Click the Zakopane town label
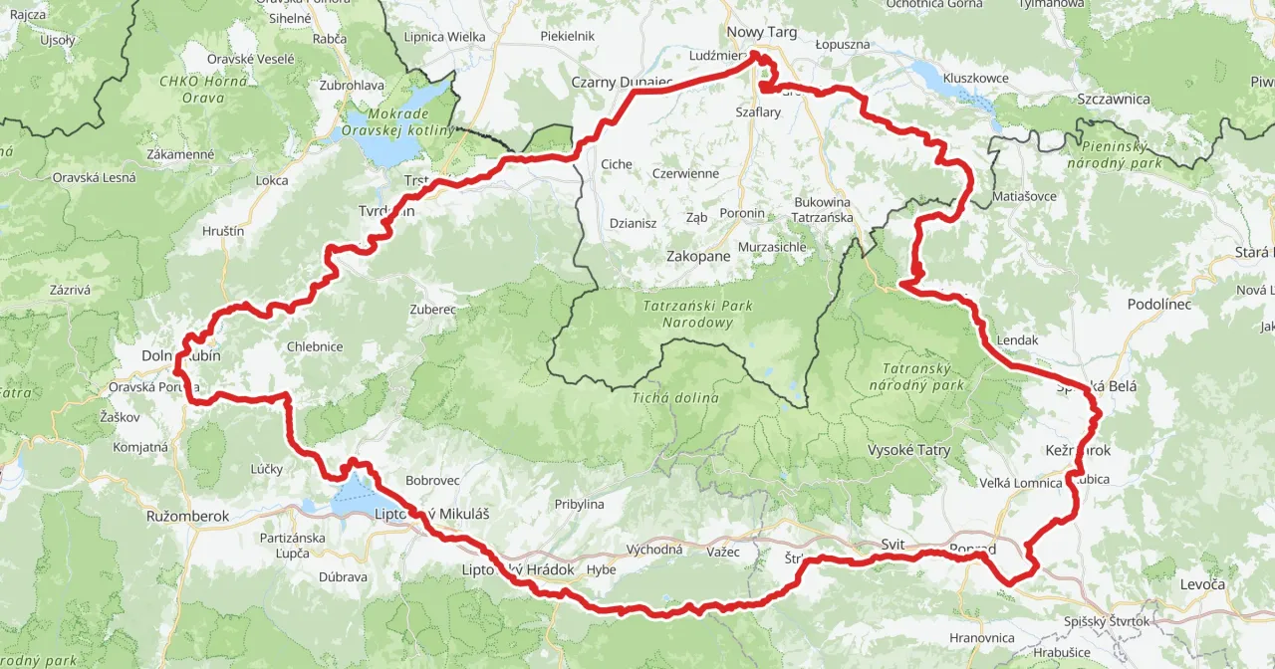697,256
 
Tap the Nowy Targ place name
762,32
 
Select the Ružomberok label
187,517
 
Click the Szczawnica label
1114,99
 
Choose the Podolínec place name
1158,304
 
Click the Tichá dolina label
674,398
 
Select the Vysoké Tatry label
908,450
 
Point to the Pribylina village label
580,504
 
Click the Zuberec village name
432,309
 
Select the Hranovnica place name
982,637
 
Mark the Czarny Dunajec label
622,81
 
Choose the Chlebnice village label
315,346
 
